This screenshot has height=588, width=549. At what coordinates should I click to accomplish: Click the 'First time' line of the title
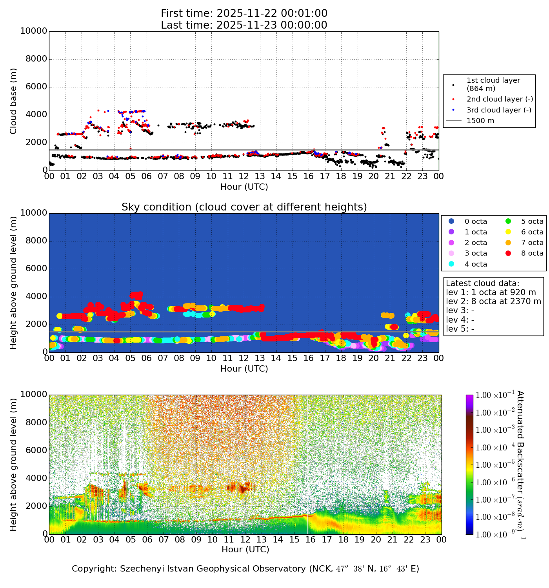pyautogui.click(x=244, y=13)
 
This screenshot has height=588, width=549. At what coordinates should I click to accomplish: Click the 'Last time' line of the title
pyautogui.click(x=244, y=25)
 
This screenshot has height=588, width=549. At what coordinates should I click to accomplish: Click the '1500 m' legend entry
pyautogui.click(x=480, y=121)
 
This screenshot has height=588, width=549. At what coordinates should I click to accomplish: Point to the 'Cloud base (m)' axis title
pyautogui.click(x=13, y=101)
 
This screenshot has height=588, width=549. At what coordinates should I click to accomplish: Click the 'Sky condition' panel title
pyautogui.click(x=244, y=207)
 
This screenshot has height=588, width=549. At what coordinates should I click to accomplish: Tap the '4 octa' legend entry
pyautogui.click(x=476, y=264)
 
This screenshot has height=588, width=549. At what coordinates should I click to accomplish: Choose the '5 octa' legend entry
pyautogui.click(x=532, y=221)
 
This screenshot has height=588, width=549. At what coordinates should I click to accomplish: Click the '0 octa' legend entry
pyautogui.click(x=476, y=221)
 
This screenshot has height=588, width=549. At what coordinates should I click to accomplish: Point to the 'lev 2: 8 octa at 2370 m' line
pyautogui.click(x=493, y=301)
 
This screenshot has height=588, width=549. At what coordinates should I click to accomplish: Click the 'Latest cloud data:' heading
pyautogui.click(x=482, y=283)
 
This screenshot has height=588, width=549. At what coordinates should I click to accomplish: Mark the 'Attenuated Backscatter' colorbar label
pyautogui.click(x=520, y=465)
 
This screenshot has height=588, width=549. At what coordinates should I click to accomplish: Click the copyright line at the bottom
pyautogui.click(x=245, y=568)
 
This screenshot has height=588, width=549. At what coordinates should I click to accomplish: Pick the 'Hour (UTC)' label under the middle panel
pyautogui.click(x=244, y=368)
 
